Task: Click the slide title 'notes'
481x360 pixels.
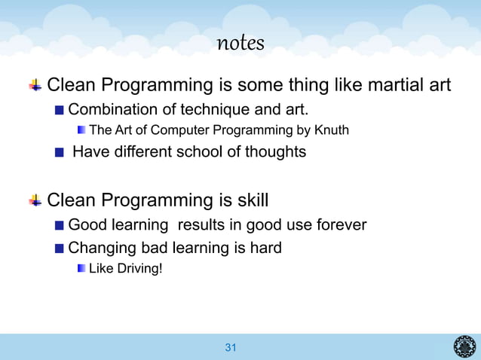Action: coord(240,44)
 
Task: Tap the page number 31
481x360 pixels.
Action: coord(231,347)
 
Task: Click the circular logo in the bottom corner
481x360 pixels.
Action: coord(464,347)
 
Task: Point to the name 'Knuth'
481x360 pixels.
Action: coord(332,130)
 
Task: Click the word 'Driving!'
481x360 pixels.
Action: coord(137,269)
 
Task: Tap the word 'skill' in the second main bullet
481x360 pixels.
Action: coord(250,201)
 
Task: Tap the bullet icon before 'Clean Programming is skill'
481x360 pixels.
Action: coord(35,201)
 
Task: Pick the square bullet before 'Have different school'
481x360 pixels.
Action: coord(60,153)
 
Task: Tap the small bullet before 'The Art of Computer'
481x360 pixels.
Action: coord(81,131)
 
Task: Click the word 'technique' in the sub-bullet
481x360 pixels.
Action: coord(195,108)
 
